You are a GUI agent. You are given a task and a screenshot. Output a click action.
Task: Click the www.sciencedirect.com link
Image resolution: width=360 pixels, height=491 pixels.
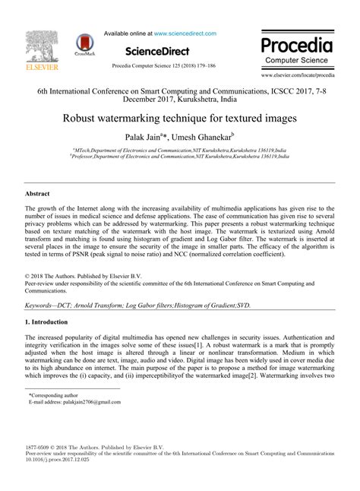[x=185, y=33]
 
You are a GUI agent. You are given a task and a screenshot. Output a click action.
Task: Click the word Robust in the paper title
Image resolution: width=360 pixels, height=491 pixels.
[x=81, y=119]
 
